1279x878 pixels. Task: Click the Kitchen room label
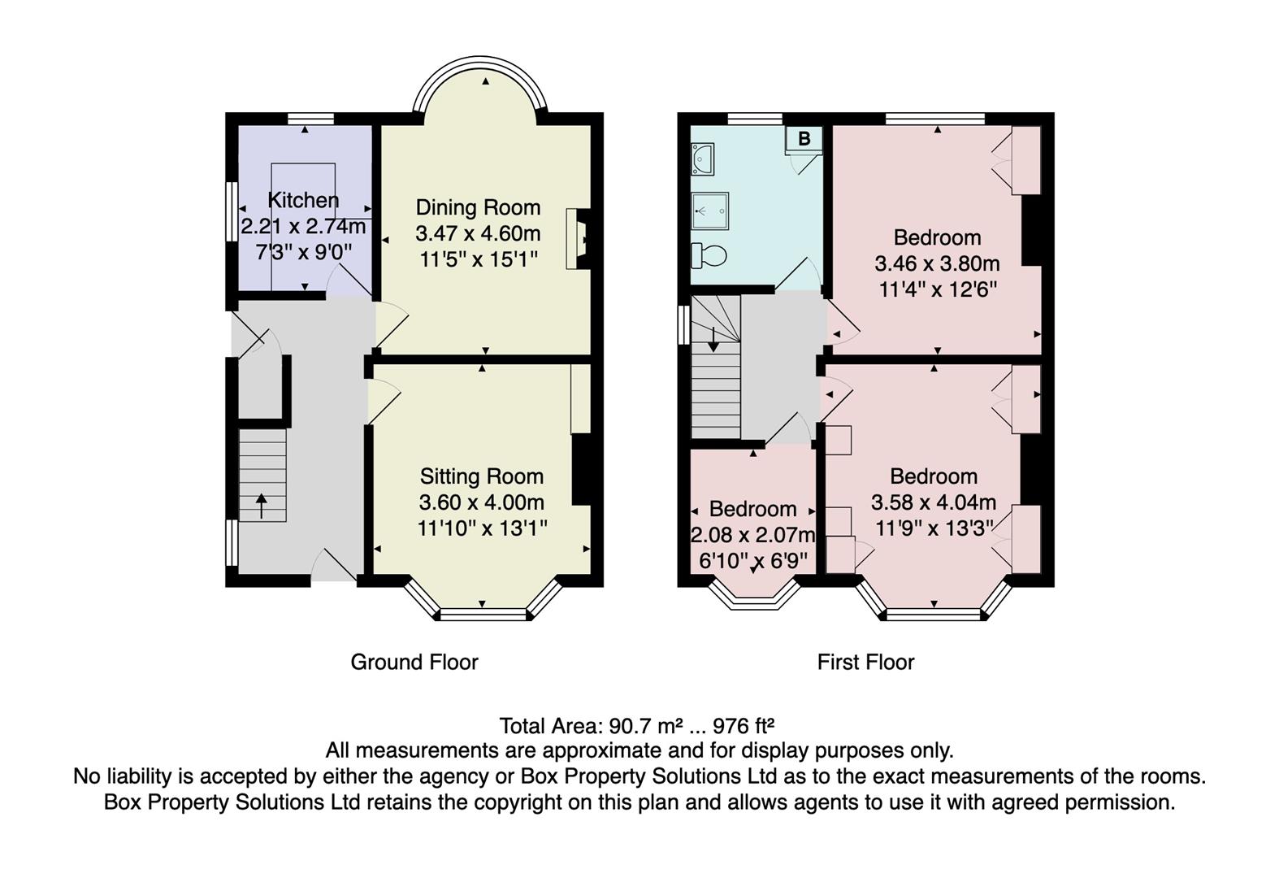click(x=303, y=200)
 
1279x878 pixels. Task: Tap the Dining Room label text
click(x=478, y=207)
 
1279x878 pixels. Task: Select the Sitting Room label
click(x=481, y=476)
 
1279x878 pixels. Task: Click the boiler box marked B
click(x=804, y=139)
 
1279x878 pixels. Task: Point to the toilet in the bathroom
click(x=709, y=255)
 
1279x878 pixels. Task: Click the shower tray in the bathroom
click(x=709, y=211)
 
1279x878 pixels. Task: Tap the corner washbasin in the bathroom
click(x=701, y=159)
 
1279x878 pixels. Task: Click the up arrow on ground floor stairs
click(x=262, y=506)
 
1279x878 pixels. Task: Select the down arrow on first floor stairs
click(x=713, y=340)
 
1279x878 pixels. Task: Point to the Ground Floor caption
click(x=414, y=663)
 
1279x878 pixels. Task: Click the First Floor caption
click(x=865, y=663)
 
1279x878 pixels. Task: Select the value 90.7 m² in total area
click(x=646, y=725)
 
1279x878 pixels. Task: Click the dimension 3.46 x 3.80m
click(x=937, y=263)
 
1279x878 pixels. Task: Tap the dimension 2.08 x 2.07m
click(x=752, y=535)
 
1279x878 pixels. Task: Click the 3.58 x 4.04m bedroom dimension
click(x=933, y=502)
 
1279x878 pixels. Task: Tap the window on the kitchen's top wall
click(x=311, y=119)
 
